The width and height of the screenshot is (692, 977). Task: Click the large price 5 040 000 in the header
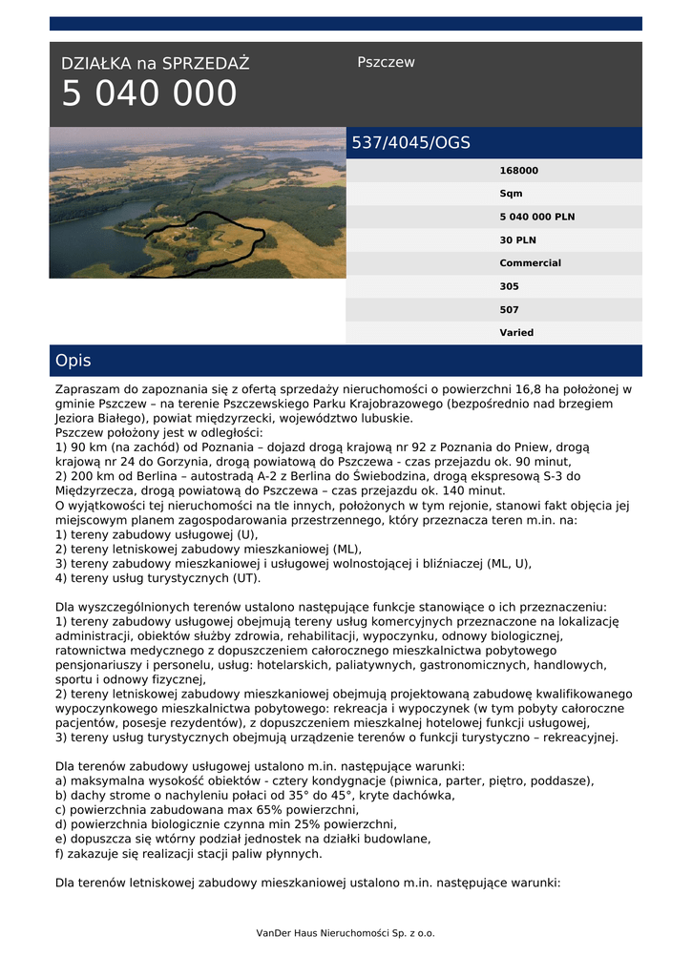click(x=149, y=94)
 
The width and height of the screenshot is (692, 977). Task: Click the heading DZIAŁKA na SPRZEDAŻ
click(x=155, y=64)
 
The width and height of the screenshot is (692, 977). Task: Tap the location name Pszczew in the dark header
click(x=386, y=62)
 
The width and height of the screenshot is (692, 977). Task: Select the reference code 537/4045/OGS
click(x=411, y=143)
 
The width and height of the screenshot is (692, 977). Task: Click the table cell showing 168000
click(x=518, y=171)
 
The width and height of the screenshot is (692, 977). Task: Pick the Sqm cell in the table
click(x=511, y=194)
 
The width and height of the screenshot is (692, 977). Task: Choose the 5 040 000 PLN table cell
click(x=536, y=217)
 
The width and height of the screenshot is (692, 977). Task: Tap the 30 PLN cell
click(x=515, y=239)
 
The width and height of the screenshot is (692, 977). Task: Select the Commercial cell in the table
click(x=530, y=262)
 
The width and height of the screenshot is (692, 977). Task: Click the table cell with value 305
click(x=509, y=286)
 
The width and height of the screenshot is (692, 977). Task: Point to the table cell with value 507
click(x=509, y=309)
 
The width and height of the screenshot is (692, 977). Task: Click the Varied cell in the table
click(x=516, y=332)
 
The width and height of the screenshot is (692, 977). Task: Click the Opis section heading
click(x=73, y=361)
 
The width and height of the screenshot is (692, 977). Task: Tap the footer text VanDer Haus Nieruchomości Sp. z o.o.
click(x=346, y=932)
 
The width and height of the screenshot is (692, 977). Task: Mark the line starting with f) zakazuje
click(x=189, y=854)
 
